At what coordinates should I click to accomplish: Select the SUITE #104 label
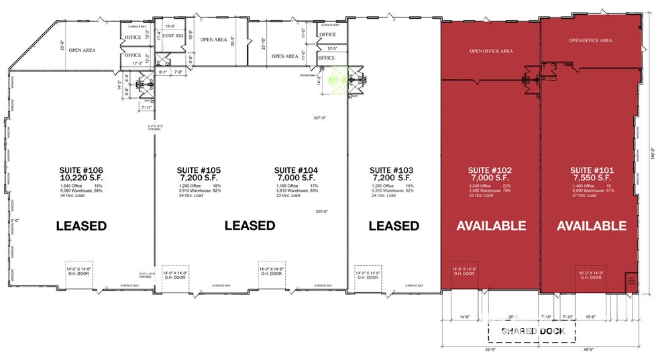tap(295, 170)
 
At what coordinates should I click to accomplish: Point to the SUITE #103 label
tap(394, 170)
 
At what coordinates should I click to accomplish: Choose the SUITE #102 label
tap(490, 170)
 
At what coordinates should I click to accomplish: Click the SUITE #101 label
tap(590, 170)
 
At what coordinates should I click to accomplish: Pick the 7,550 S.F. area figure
tap(590, 178)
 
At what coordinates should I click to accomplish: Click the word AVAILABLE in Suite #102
tap(491, 226)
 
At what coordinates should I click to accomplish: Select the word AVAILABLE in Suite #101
tap(591, 226)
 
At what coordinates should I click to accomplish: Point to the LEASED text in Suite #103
tap(394, 226)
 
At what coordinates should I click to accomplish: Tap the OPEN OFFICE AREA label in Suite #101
tap(590, 40)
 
